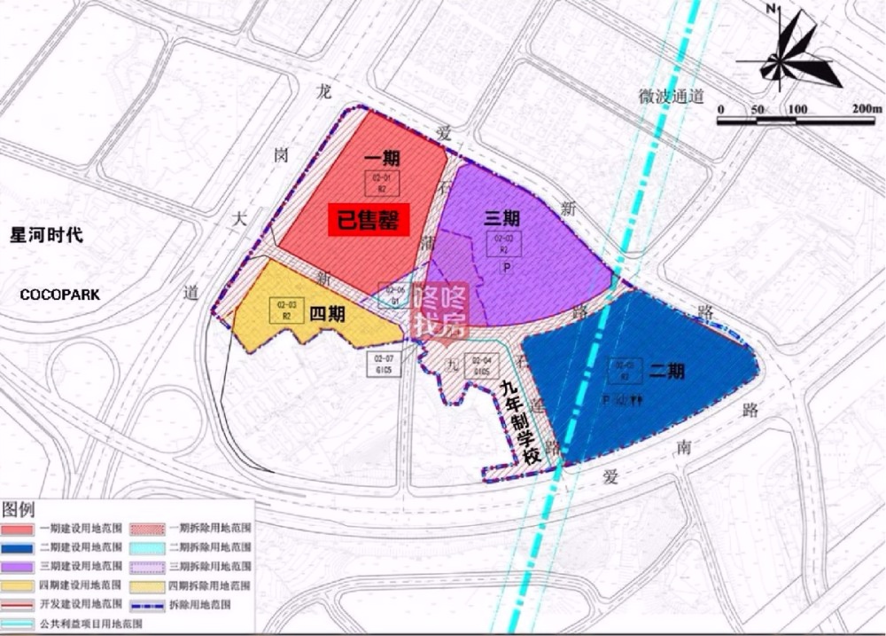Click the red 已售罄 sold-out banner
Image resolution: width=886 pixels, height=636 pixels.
(x=369, y=220)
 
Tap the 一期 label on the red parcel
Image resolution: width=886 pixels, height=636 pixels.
(x=382, y=159)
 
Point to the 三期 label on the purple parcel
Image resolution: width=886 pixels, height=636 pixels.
(x=501, y=218)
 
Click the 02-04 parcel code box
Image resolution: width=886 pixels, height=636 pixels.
(x=481, y=365)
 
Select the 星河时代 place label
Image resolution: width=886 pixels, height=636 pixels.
(x=45, y=236)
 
